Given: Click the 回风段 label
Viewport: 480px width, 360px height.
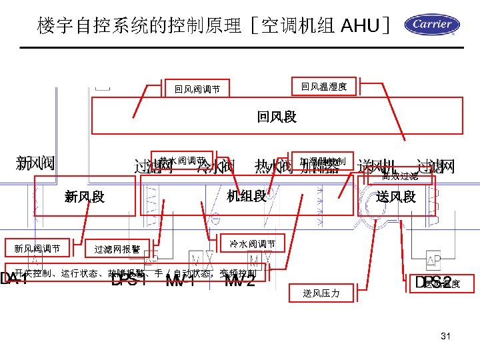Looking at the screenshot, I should point(277,117).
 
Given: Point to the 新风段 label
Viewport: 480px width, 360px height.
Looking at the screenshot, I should point(85,197).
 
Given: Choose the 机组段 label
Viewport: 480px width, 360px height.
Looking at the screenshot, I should point(247,196).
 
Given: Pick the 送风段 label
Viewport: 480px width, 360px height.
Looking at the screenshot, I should point(395,197).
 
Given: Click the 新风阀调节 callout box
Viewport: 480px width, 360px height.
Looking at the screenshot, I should point(37,249).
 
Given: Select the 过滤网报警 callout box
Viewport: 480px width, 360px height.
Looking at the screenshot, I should point(117,249).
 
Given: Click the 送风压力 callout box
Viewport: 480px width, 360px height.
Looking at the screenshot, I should point(321,293).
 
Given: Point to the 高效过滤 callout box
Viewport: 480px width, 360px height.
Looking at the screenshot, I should point(400,177).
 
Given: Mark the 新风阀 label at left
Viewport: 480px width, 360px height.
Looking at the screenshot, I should point(35,163).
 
